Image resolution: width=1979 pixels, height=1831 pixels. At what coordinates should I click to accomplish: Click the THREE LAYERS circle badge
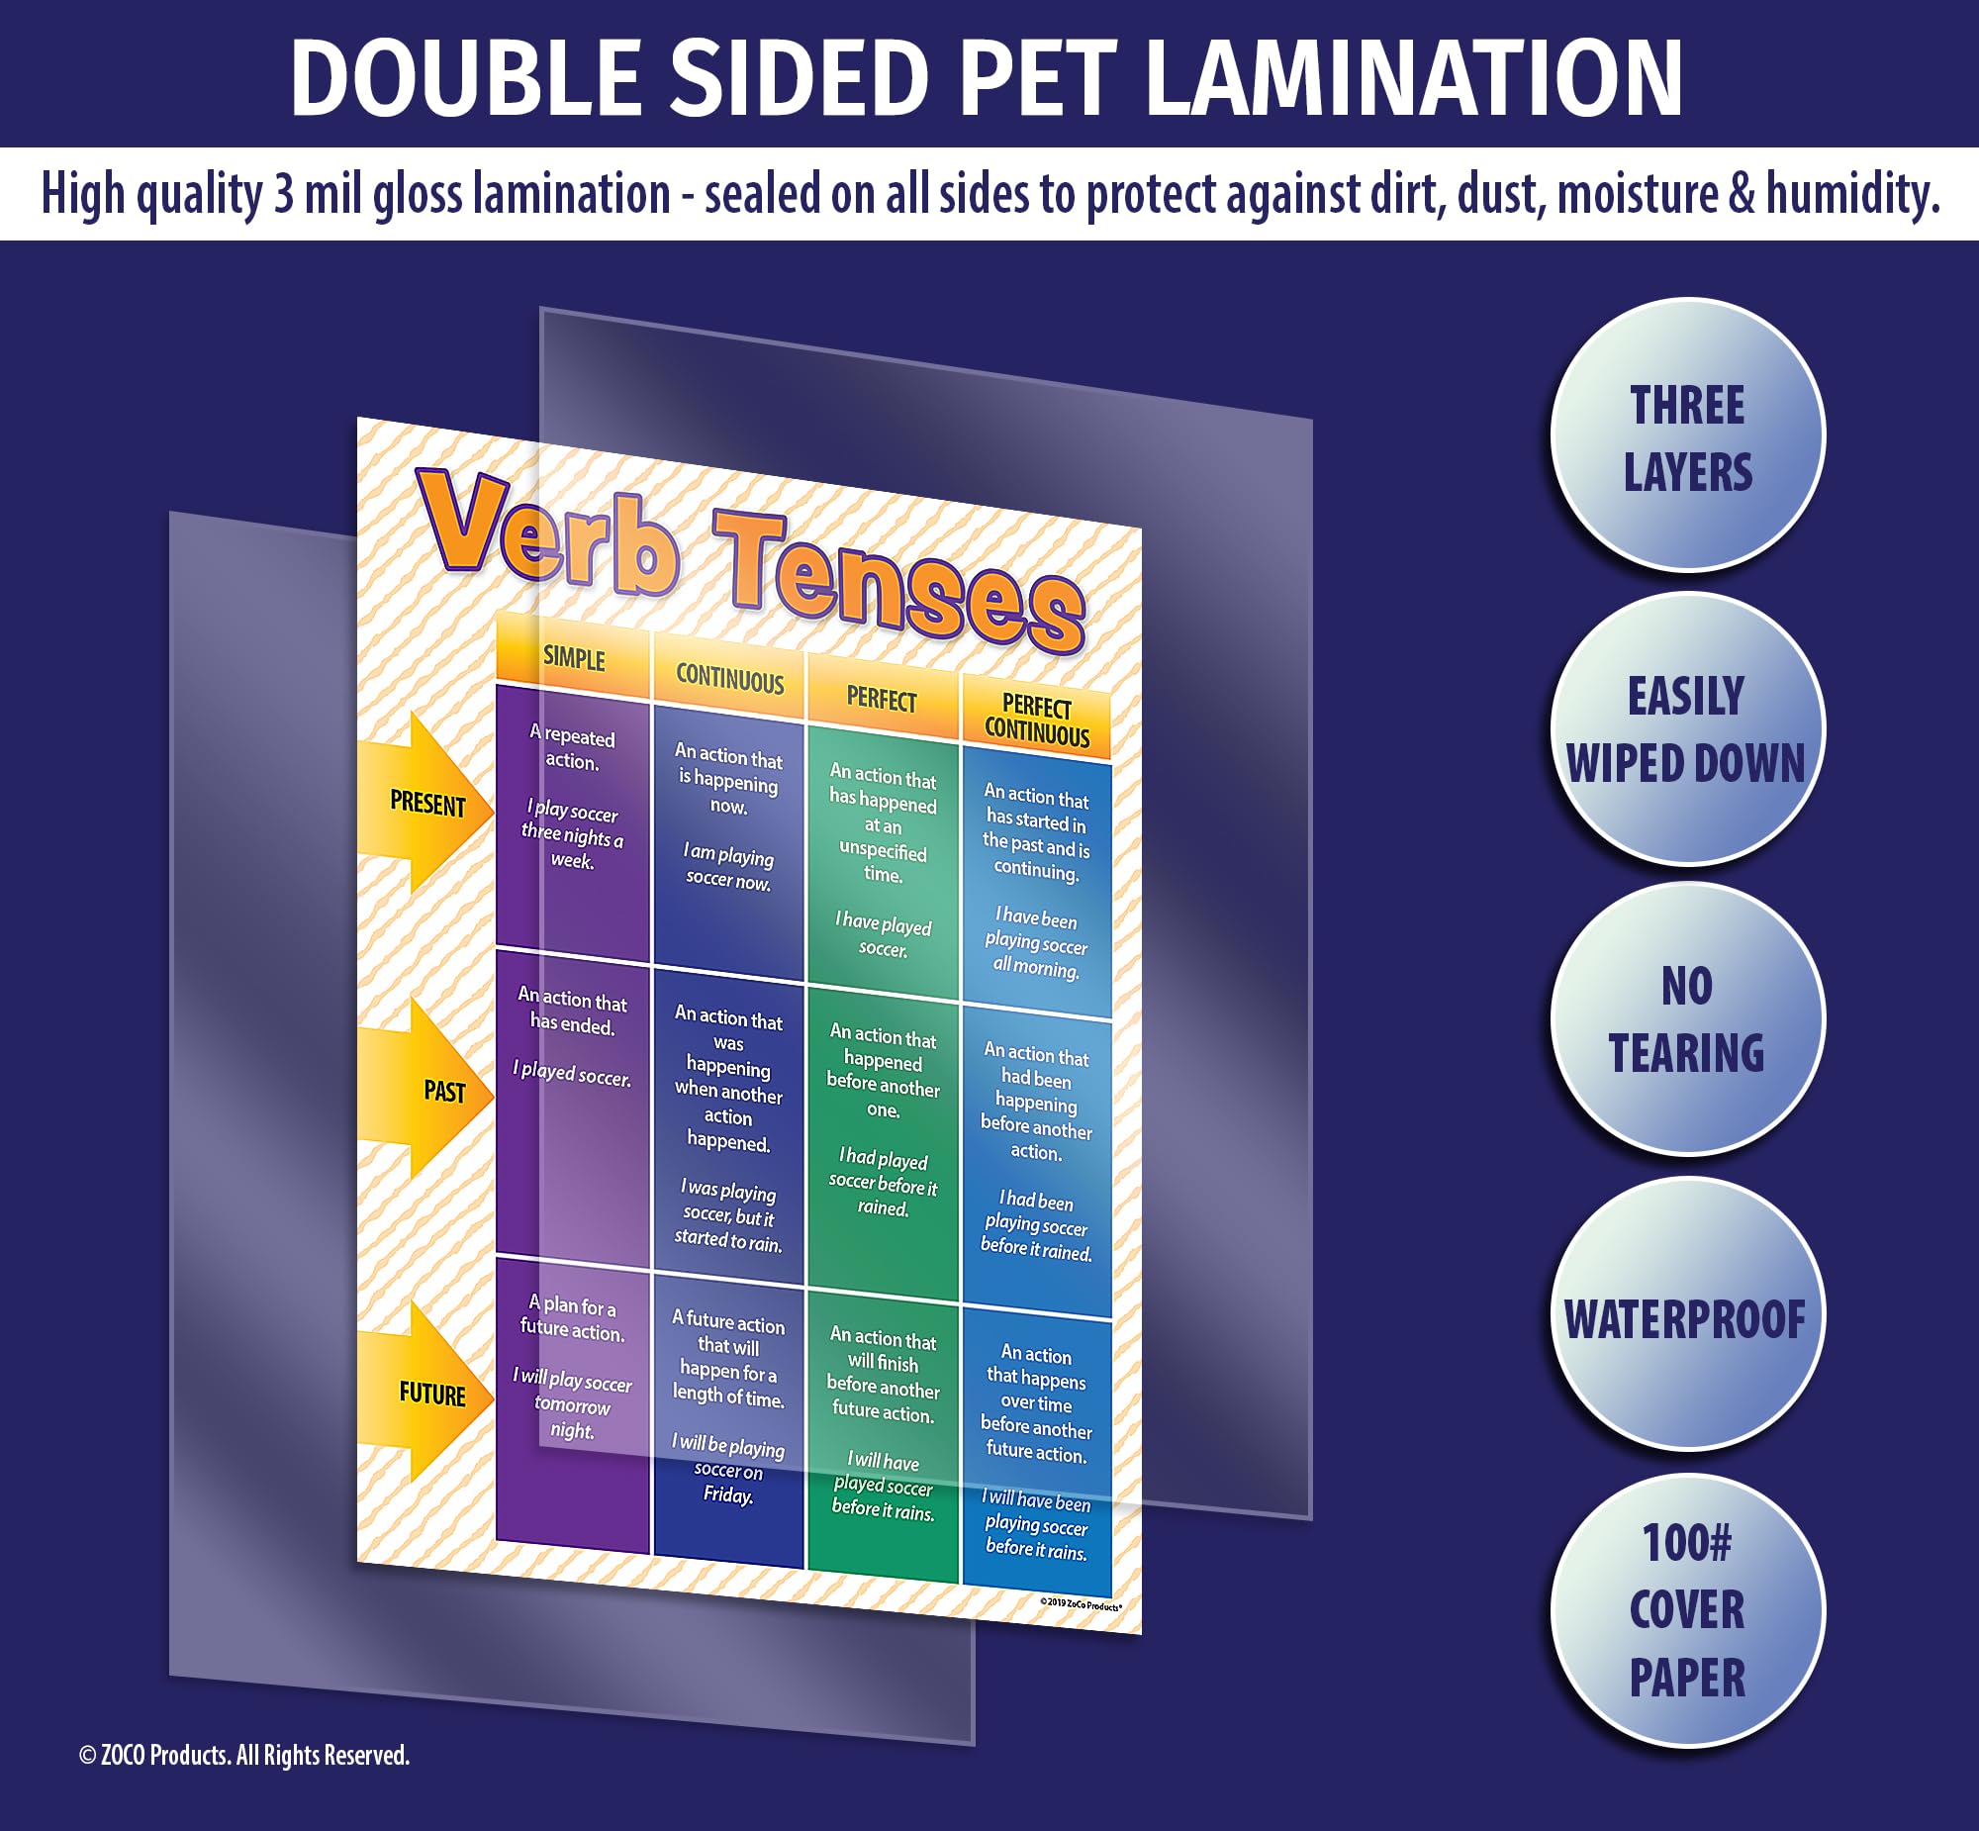point(1687,436)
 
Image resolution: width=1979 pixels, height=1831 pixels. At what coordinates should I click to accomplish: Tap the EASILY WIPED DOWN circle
point(1687,730)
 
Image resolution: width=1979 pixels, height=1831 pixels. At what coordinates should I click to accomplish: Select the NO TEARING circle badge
point(1687,1019)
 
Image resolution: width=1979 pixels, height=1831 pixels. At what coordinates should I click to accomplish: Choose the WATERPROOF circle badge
point(1687,1316)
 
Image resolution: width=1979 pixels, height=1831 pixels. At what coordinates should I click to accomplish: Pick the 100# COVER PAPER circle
point(1687,1609)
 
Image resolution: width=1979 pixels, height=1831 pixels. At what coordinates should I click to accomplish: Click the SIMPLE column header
point(574,659)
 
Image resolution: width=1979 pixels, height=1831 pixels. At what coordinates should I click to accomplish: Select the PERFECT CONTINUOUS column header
point(1036,721)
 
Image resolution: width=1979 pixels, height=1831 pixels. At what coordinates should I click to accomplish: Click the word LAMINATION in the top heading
point(1412,79)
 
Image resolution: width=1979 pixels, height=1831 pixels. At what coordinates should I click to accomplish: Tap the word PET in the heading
point(1038,79)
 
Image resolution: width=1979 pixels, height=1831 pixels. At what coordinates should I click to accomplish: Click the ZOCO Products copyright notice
point(243,1755)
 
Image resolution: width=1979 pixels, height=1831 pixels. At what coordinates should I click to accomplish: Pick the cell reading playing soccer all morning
point(1036,882)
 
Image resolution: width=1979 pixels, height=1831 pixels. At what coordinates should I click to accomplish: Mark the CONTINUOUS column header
point(730,680)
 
